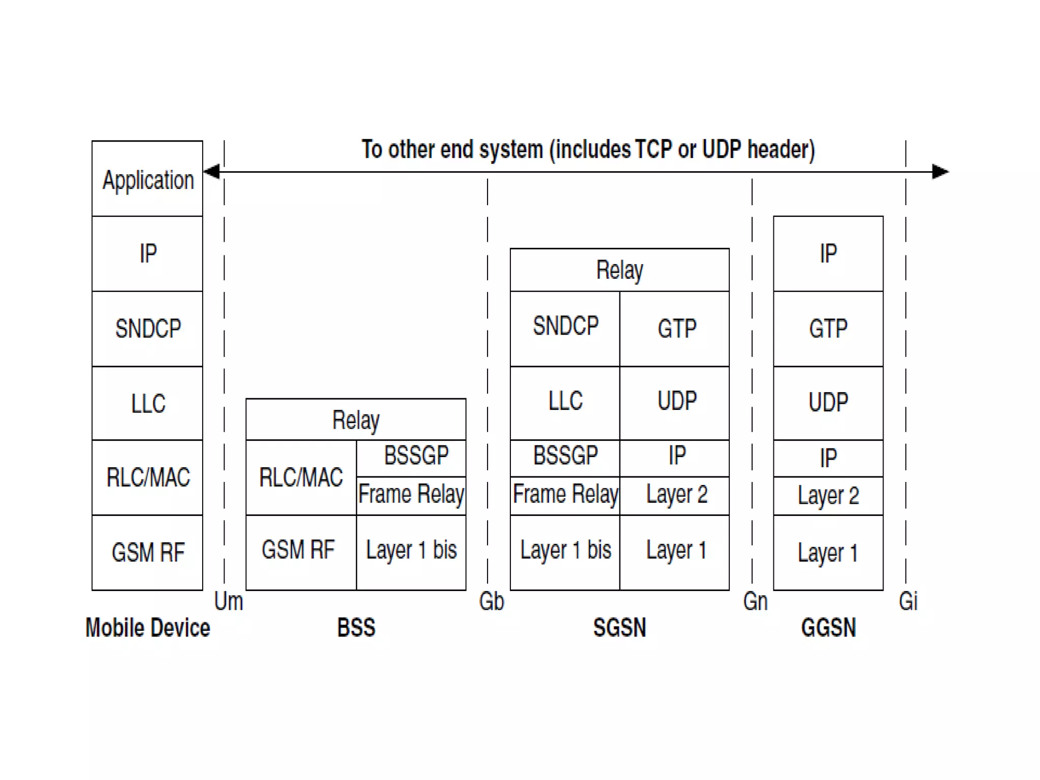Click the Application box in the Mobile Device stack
147,179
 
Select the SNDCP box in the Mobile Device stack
147,329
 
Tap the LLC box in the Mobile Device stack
147,403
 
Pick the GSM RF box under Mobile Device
147,552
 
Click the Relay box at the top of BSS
355,419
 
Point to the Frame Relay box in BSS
411,495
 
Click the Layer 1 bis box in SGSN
565,551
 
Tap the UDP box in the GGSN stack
828,402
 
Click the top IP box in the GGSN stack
828,253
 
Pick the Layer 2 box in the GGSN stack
828,496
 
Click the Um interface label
229,602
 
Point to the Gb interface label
491,602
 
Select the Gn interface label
755,602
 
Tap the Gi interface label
908,602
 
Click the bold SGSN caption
620,628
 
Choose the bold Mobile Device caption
147,628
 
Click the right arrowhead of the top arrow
940,172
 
